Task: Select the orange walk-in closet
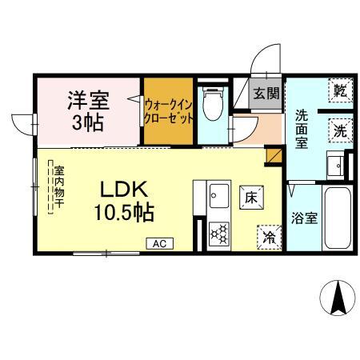168,112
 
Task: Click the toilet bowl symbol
213,103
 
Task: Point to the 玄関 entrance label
266,93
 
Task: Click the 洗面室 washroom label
301,129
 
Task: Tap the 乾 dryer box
340,89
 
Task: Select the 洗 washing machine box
340,130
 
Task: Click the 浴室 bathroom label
302,217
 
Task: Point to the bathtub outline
336,218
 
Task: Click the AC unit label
158,242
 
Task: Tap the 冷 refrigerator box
269,236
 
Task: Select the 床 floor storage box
250,196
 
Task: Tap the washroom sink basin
336,166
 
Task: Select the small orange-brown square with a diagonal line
274,155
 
